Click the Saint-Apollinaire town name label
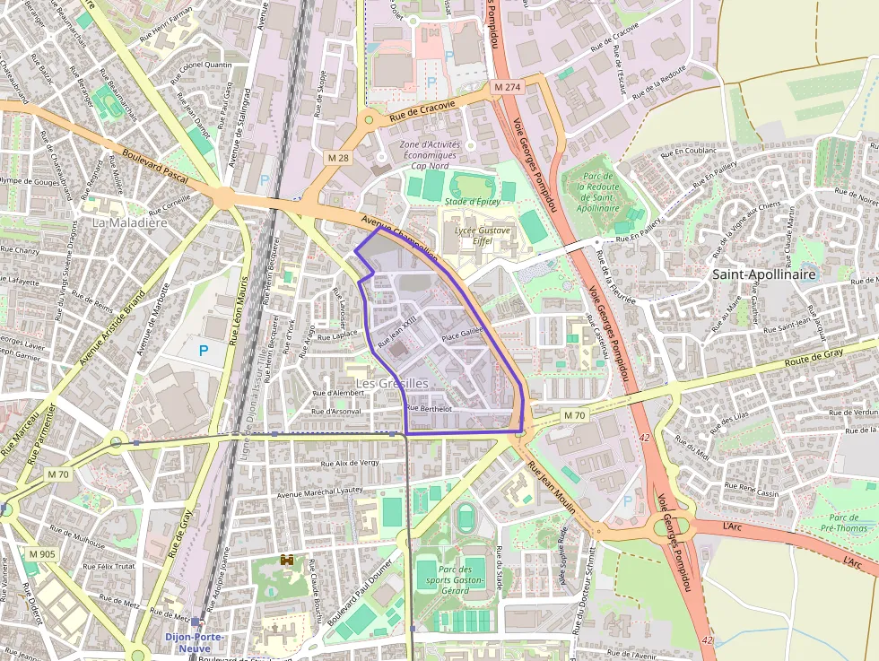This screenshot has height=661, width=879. [765, 274]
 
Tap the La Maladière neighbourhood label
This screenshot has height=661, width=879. [130, 222]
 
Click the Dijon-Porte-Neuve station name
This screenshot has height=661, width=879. [195, 638]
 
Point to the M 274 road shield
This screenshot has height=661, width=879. [507, 87]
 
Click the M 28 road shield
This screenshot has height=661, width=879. [338, 158]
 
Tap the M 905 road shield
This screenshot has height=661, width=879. [40, 554]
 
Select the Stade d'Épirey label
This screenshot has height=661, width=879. [472, 202]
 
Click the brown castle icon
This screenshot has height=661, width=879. [288, 561]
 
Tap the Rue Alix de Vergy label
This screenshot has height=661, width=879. [351, 464]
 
